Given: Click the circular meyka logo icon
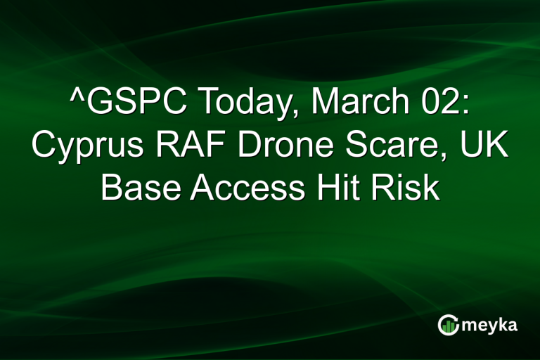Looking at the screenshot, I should [x=449, y=324].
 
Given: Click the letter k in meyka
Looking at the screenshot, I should [x=505, y=324].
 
